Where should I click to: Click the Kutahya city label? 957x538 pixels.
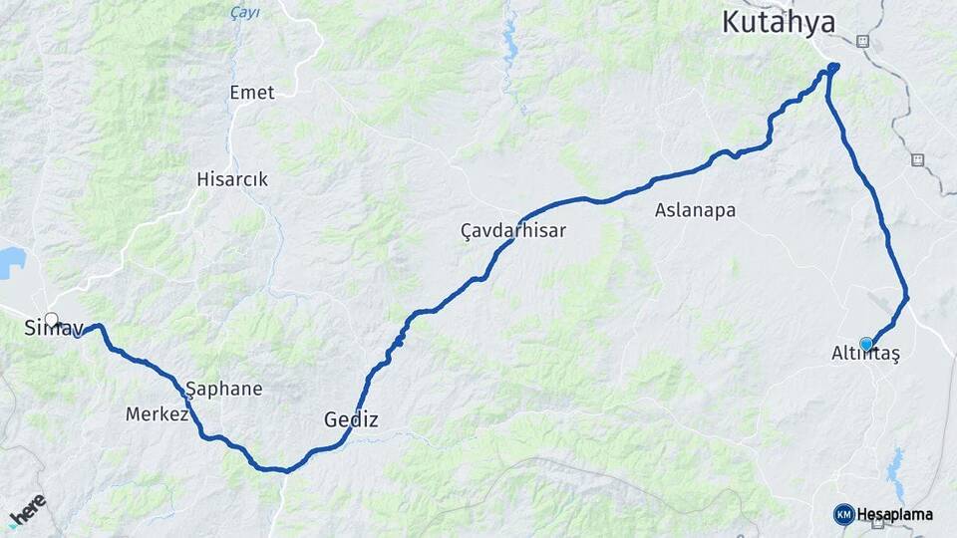coord(779,22)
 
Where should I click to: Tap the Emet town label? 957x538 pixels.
coord(251,93)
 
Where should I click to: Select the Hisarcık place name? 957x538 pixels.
coord(231,180)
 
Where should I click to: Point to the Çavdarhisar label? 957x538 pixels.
coord(512,231)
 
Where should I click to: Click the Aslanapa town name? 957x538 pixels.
coord(695,210)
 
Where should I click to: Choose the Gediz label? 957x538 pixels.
coord(351,419)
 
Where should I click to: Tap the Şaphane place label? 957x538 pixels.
coord(224,389)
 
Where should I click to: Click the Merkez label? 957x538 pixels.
coord(157,413)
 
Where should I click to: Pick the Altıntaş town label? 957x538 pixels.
coord(865,355)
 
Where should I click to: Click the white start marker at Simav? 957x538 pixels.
coord(52,321)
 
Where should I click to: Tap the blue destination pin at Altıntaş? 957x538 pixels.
coord(866,345)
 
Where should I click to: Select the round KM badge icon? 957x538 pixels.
coord(843,514)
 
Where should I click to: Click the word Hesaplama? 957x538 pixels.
coord(895,514)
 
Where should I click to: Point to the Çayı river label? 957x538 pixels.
coord(244,13)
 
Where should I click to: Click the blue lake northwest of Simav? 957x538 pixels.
coord(11,262)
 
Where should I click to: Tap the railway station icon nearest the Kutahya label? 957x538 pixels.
coord(862,42)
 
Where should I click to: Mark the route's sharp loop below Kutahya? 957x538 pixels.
coord(832,68)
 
